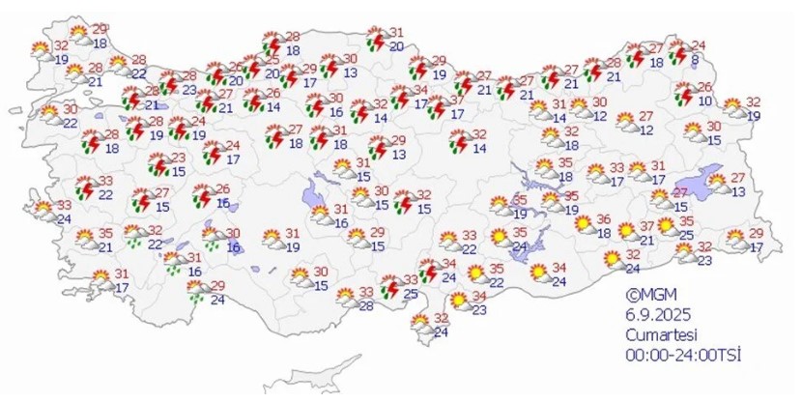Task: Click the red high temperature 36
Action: [x=604, y=218]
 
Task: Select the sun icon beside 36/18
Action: [x=584, y=225]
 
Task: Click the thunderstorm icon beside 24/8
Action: [x=678, y=51]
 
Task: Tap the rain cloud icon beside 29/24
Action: [x=197, y=291]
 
